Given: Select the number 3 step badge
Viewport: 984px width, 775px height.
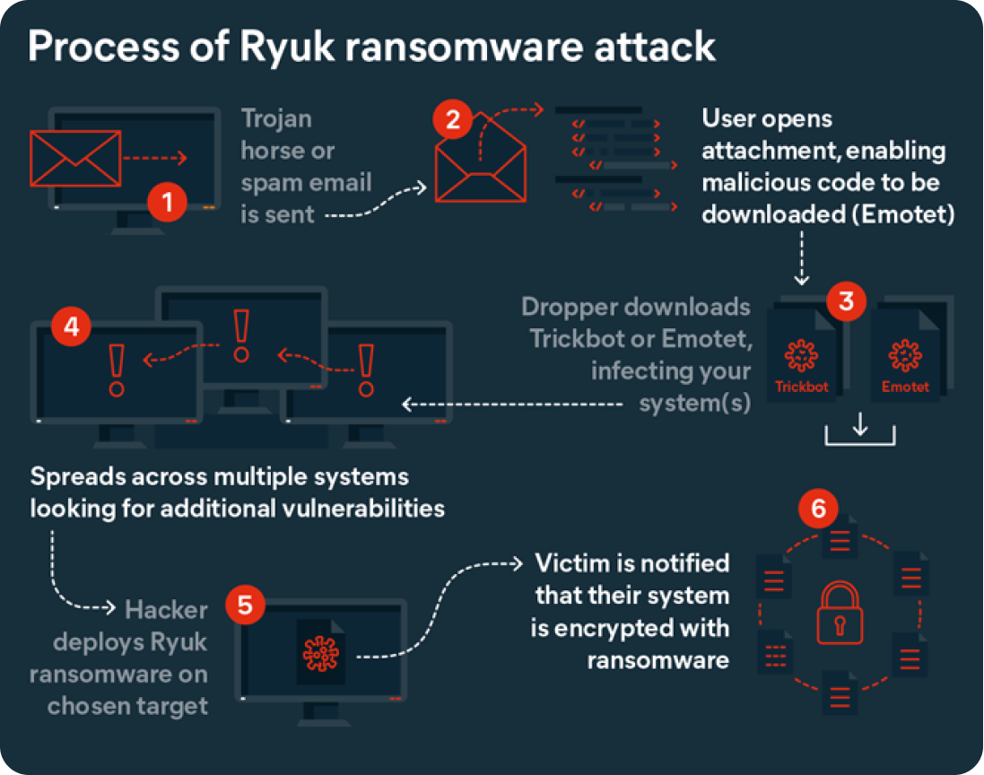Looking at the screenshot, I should click(x=845, y=301).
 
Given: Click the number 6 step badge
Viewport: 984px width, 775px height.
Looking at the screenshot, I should click(x=818, y=509).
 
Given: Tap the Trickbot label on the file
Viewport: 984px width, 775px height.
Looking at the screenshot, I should click(x=802, y=387).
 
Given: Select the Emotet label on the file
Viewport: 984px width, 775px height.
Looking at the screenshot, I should click(x=905, y=387).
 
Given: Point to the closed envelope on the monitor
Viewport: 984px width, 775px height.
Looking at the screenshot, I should click(x=75, y=160).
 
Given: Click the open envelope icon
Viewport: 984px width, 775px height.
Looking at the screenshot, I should click(x=480, y=166).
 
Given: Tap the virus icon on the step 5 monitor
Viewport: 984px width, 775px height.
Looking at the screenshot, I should click(x=319, y=653).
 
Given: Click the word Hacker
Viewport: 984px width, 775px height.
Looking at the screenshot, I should click(x=166, y=611).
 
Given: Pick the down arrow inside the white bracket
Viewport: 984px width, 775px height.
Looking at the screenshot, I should click(x=860, y=424).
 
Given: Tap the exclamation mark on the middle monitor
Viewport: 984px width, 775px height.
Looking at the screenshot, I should click(x=239, y=335).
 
